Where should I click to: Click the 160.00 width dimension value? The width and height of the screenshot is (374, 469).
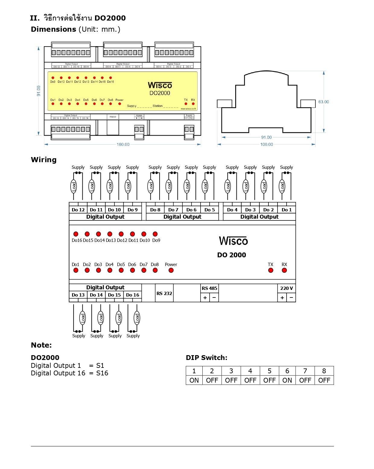click(x=123, y=144)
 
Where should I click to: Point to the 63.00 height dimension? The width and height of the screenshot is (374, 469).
click(x=324, y=102)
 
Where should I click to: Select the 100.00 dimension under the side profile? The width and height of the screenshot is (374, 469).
click(x=267, y=144)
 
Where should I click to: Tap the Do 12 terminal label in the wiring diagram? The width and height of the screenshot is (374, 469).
click(x=78, y=210)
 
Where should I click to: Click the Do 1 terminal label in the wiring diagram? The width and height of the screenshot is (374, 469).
click(x=287, y=210)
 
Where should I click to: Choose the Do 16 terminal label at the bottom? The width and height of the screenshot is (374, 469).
click(x=132, y=295)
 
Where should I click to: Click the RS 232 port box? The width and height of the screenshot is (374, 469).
click(x=164, y=293)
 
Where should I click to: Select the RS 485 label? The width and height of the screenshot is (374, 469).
click(x=209, y=288)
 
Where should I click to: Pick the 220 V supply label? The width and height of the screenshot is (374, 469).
click(x=286, y=288)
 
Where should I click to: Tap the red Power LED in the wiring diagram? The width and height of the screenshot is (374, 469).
click(x=171, y=270)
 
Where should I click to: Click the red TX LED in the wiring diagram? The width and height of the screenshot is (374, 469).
click(x=271, y=270)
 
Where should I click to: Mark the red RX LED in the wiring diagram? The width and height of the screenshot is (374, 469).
click(x=284, y=270)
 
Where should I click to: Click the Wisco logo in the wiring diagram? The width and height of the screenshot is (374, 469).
click(x=233, y=241)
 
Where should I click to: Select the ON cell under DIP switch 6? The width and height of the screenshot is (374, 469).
click(x=287, y=380)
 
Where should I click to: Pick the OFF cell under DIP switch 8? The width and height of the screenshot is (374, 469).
click(x=324, y=380)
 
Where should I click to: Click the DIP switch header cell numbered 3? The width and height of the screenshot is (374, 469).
click(x=231, y=371)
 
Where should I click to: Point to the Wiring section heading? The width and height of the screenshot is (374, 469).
click(x=44, y=160)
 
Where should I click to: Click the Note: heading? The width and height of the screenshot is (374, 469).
click(x=41, y=345)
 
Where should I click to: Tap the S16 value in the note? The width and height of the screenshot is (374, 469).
click(x=102, y=373)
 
